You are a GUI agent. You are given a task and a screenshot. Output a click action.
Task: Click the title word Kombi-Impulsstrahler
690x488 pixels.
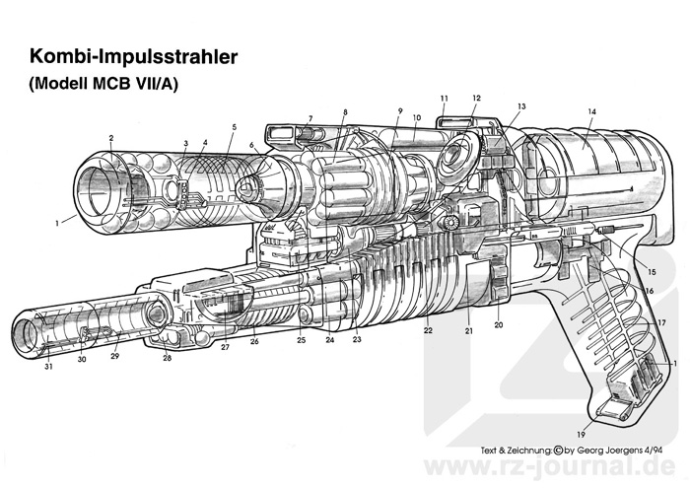(134, 57)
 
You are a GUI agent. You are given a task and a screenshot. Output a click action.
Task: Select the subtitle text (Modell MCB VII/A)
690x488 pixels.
(103, 83)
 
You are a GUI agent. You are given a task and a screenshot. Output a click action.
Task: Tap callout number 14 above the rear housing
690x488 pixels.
(591, 111)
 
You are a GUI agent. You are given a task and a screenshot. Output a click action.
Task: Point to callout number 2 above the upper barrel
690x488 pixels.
(111, 138)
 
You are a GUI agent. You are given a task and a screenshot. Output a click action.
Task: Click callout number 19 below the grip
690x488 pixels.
(582, 435)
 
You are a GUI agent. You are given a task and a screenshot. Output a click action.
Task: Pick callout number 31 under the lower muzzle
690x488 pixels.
(48, 366)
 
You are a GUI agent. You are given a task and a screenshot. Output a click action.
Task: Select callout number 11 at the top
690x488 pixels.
(444, 99)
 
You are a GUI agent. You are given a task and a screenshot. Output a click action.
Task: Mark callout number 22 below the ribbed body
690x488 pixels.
(428, 330)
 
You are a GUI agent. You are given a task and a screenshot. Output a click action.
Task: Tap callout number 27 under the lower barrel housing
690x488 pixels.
(226, 347)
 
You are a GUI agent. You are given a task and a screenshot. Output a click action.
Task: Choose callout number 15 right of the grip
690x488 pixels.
(653, 272)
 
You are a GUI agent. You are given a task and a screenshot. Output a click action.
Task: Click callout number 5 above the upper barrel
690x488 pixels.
(235, 127)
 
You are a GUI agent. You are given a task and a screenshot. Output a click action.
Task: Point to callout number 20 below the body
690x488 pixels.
(498, 324)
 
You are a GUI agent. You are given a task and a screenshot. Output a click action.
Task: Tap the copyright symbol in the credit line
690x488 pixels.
(558, 451)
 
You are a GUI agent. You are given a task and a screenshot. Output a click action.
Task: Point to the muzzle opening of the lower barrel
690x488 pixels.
(26, 333)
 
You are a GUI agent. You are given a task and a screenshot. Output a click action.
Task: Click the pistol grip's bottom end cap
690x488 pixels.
(615, 408)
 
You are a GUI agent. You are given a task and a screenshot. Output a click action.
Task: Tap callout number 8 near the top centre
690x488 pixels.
(345, 112)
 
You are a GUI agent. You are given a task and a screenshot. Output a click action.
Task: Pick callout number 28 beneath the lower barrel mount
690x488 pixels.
(168, 358)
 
